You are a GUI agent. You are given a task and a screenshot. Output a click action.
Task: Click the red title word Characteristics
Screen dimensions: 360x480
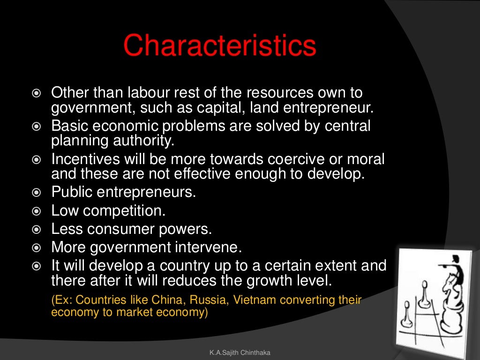point(219,46)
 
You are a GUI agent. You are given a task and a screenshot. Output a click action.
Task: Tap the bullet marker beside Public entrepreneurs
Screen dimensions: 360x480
point(37,192)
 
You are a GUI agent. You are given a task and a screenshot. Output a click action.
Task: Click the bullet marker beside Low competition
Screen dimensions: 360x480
point(37,210)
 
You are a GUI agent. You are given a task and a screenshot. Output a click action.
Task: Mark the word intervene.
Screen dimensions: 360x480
point(221,247)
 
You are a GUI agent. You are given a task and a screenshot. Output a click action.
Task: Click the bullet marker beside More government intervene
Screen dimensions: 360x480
point(37,247)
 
